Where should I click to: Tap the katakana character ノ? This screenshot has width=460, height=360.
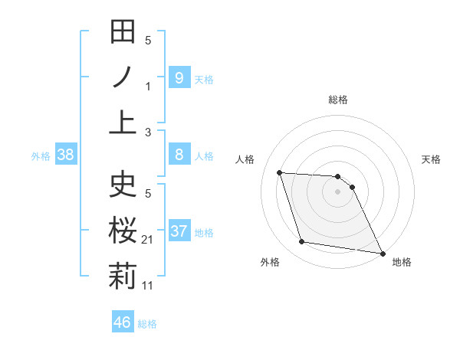pos(123,77)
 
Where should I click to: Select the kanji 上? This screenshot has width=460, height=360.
pos(123,122)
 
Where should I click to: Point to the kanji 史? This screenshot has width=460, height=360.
pos(123,184)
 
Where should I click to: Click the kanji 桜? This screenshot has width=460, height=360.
pos(123,229)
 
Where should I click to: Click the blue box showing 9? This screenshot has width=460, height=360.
pos(179,77)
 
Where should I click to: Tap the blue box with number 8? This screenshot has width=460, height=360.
pos(179,155)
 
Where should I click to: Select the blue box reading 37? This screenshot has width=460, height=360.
pos(179,231)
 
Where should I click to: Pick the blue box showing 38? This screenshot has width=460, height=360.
pos(65,155)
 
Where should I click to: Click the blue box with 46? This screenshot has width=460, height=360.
pos(122,322)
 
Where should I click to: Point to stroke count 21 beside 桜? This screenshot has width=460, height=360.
pos(148,241)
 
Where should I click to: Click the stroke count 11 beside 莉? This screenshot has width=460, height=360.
pos(148,286)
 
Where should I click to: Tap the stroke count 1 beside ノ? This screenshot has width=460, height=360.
pos(148,87)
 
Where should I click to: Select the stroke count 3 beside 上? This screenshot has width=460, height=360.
pos(148,132)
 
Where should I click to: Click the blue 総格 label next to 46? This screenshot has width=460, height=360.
pos(147,323)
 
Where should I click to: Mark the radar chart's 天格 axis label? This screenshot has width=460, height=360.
pos(432,159)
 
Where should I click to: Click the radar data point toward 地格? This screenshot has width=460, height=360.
pos(382,253)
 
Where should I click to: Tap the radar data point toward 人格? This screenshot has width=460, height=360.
pos(280,172)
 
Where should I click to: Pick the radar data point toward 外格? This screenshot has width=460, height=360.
pos(302,242)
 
